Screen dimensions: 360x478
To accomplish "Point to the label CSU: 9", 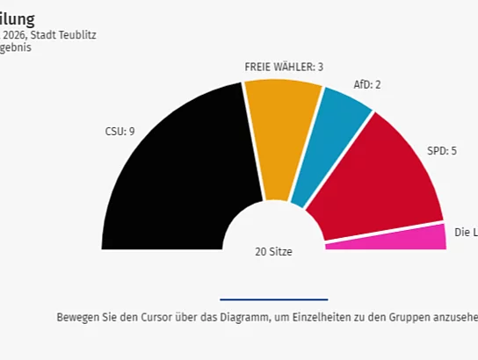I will pyautogui.click(x=119, y=132).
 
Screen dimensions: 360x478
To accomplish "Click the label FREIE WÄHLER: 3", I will pyautogui.click(x=284, y=67).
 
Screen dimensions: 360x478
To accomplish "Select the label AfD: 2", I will pyautogui.click(x=367, y=85).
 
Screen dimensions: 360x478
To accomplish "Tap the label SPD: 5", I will pyautogui.click(x=442, y=151).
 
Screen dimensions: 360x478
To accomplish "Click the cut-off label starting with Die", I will pyautogui.click(x=466, y=232).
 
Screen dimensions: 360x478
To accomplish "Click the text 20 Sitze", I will pyautogui.click(x=273, y=251).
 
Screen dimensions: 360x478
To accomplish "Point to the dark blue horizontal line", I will pyautogui.click(x=273, y=299).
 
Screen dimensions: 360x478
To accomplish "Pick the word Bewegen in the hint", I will pyautogui.click(x=76, y=317).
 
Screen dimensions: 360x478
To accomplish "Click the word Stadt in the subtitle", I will pyautogui.click(x=43, y=35).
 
